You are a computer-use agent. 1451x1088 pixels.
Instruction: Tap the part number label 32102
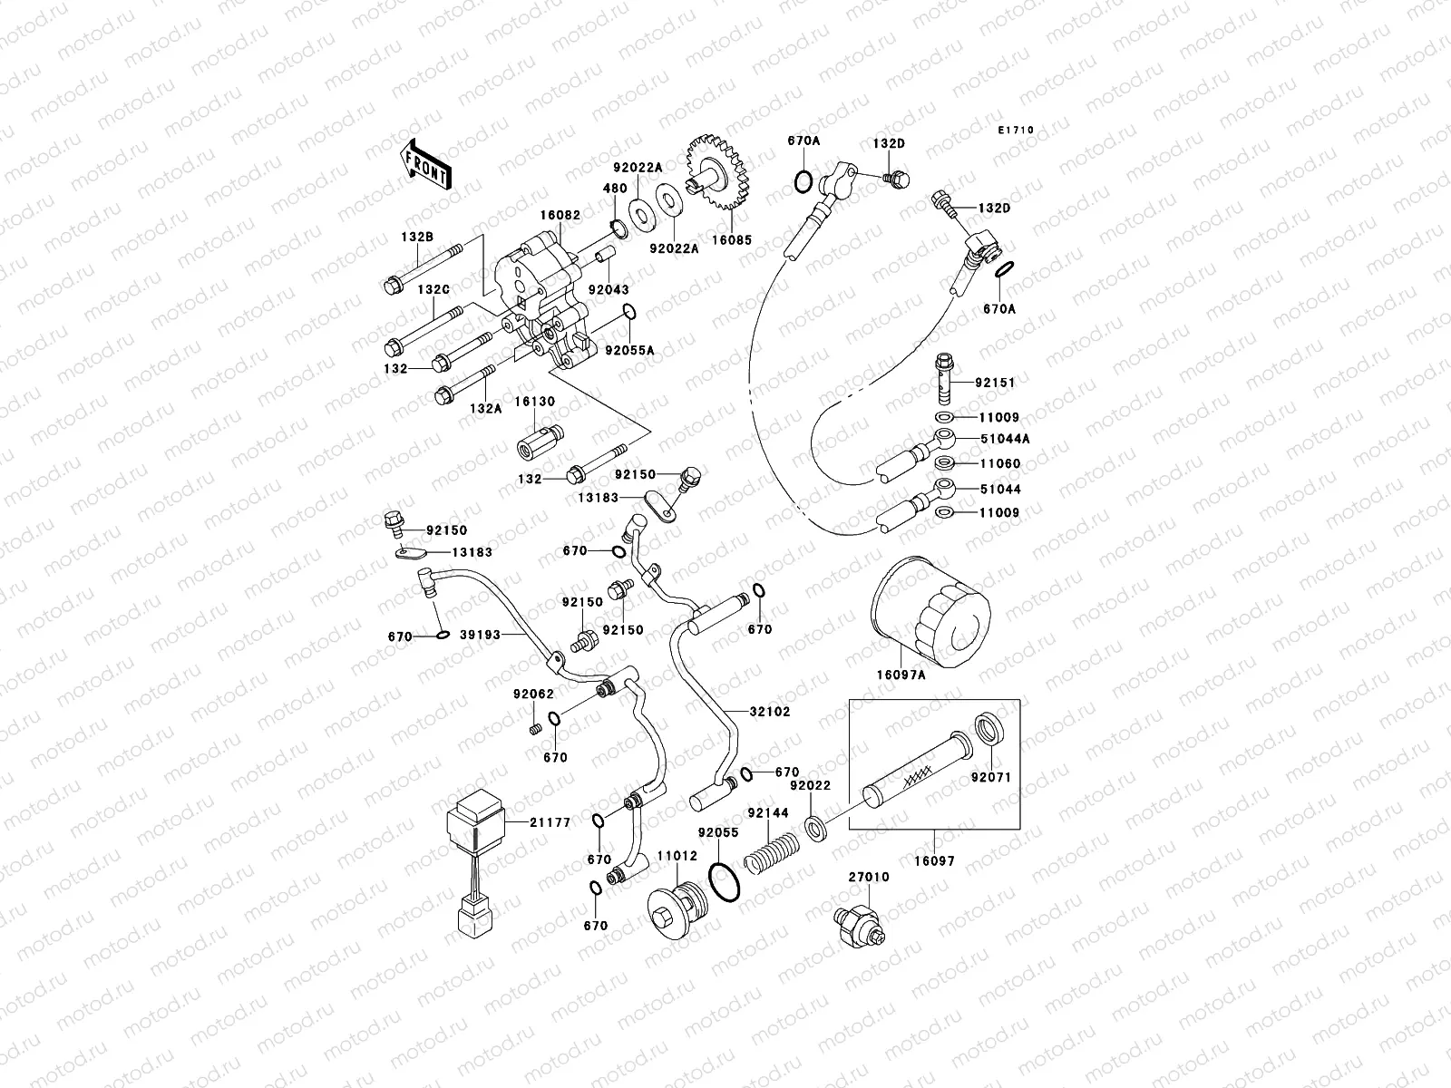(x=769, y=712)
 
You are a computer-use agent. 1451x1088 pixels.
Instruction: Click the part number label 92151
(x=998, y=383)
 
